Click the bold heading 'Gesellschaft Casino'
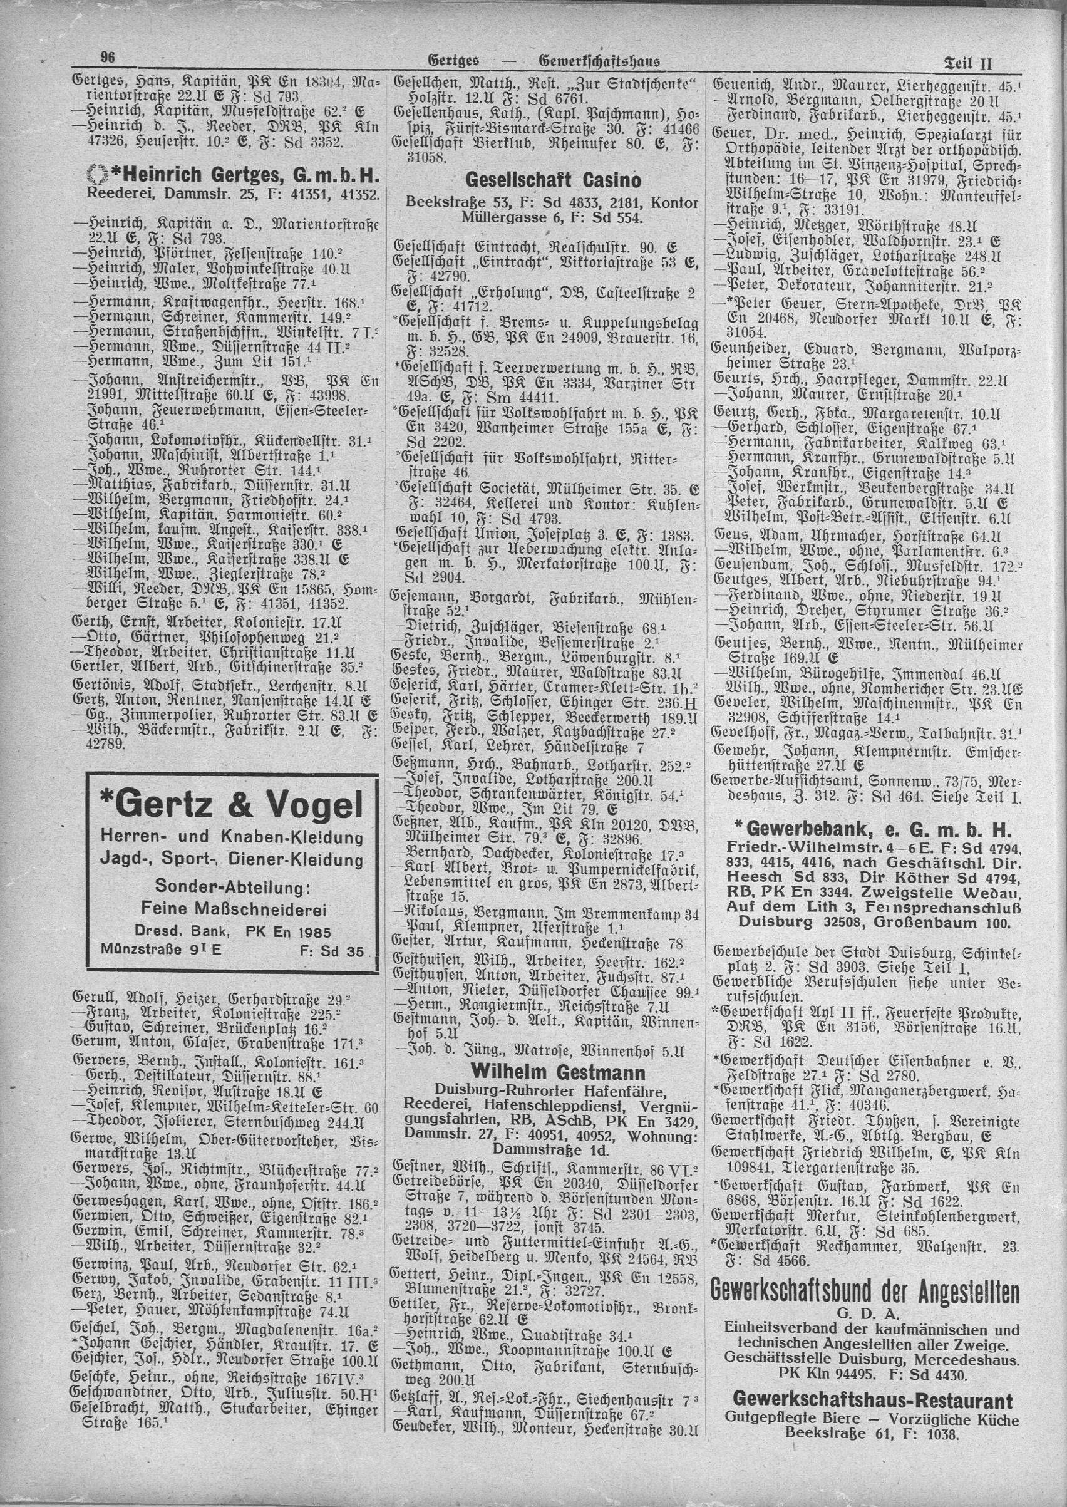(552, 180)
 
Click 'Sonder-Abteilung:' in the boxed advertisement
(232, 888)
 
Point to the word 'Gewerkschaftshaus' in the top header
(599, 62)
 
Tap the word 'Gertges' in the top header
(453, 62)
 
